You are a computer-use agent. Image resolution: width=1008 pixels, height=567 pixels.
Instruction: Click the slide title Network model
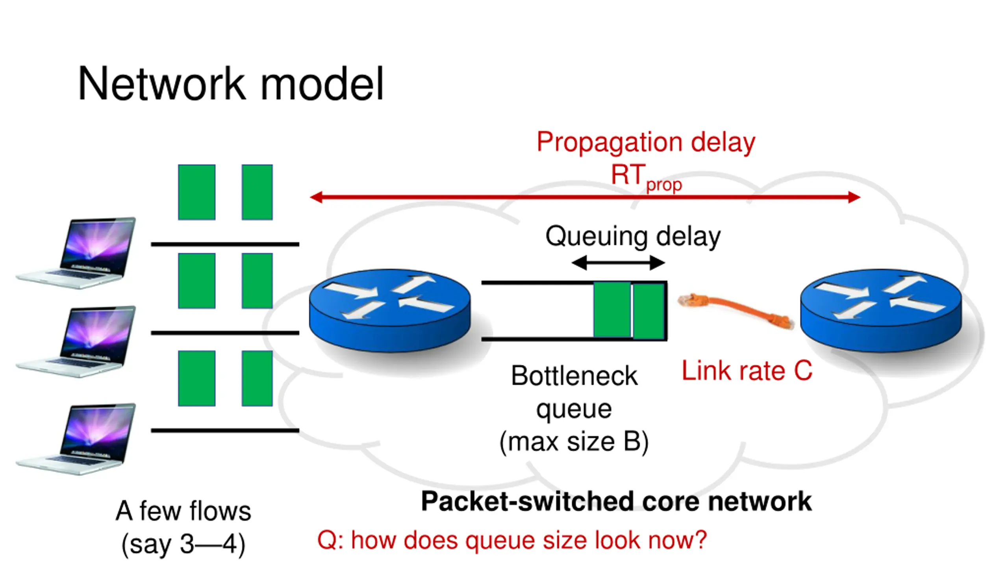(x=231, y=83)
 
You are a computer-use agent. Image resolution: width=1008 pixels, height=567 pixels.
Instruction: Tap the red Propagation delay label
(x=646, y=143)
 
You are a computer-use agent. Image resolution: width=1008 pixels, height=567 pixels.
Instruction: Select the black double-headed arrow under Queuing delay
(x=618, y=263)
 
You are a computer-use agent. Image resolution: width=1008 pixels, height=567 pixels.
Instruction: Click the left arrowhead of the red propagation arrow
(x=316, y=197)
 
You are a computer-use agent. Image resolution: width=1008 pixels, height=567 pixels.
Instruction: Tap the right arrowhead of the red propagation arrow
(x=854, y=197)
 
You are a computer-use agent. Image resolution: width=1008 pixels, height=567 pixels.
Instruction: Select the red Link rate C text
(x=747, y=371)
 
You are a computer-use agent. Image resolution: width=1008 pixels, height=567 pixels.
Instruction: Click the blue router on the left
(x=390, y=311)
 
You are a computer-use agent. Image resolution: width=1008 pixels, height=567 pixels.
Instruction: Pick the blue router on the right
(x=881, y=311)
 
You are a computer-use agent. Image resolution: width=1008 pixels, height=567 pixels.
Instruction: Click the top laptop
(x=76, y=253)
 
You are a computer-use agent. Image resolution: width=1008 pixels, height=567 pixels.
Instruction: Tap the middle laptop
(x=76, y=341)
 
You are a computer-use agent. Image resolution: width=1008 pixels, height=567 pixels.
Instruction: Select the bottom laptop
(x=76, y=439)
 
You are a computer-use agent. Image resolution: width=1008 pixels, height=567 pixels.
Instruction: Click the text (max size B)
(x=574, y=443)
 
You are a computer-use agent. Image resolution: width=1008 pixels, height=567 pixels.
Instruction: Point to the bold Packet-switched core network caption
(x=616, y=502)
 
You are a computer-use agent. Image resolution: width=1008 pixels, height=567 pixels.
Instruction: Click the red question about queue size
(x=512, y=540)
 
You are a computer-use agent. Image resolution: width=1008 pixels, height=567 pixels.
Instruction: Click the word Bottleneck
(x=574, y=376)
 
